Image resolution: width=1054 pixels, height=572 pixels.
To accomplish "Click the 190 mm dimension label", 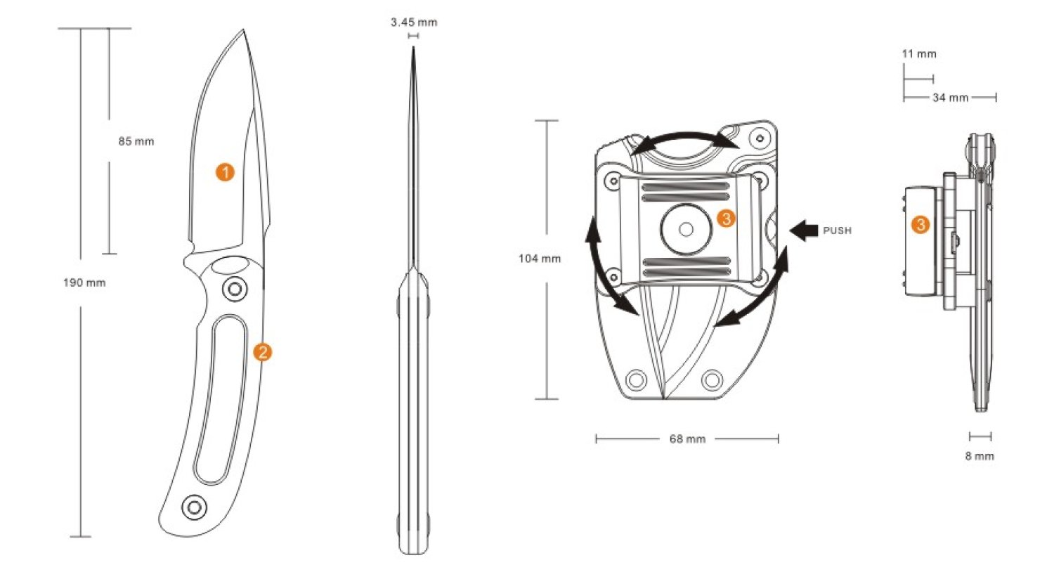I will click(84, 282).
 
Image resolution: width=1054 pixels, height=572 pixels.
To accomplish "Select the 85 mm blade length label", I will click(136, 141).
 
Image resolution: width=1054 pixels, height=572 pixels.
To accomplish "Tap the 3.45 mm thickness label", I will click(414, 22).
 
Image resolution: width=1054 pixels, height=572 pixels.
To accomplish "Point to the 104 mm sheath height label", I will click(540, 259).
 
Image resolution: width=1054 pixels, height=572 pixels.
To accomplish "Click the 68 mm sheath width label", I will click(687, 439).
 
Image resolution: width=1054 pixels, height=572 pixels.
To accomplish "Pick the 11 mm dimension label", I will click(919, 54).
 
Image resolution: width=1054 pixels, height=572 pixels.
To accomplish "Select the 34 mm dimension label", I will click(950, 98).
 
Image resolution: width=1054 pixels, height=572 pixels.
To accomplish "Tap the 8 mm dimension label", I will click(980, 456).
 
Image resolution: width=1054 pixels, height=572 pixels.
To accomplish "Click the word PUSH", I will click(837, 230).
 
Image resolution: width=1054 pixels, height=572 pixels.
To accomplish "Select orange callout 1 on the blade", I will click(225, 172).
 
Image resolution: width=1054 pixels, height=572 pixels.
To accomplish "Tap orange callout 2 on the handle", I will click(262, 352).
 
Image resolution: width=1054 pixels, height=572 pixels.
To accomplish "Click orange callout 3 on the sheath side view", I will click(920, 225).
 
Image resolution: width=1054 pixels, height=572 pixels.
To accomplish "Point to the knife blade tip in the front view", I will click(244, 31).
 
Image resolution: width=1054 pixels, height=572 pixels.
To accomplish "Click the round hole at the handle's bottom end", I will click(193, 507).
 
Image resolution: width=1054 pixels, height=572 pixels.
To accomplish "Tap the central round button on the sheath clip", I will click(686, 230).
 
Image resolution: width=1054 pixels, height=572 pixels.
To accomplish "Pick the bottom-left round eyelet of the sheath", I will click(637, 380).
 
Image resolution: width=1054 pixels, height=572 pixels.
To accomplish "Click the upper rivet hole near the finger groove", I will click(234, 288).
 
